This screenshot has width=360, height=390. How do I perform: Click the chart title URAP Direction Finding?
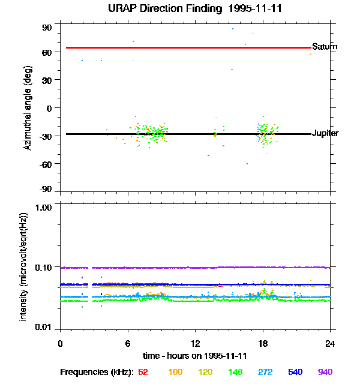pyautogui.click(x=180, y=8)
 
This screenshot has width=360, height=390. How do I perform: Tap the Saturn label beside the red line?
pyautogui.click(x=325, y=47)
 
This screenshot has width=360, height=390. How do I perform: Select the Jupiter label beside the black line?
pyautogui.click(x=325, y=133)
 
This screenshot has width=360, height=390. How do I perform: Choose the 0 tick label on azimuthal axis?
pyautogui.click(x=50, y=108)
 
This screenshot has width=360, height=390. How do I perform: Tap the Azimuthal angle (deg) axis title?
pyautogui.click(x=27, y=108)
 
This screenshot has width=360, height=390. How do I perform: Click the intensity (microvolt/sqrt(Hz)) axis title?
pyautogui.click(x=24, y=266)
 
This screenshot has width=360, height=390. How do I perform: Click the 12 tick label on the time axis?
pyautogui.click(x=195, y=344)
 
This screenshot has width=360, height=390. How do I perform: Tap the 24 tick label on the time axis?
pyautogui.click(x=331, y=344)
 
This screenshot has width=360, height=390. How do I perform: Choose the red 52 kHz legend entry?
pyautogui.click(x=143, y=373)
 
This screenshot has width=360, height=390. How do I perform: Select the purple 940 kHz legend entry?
pyautogui.click(x=325, y=373)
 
